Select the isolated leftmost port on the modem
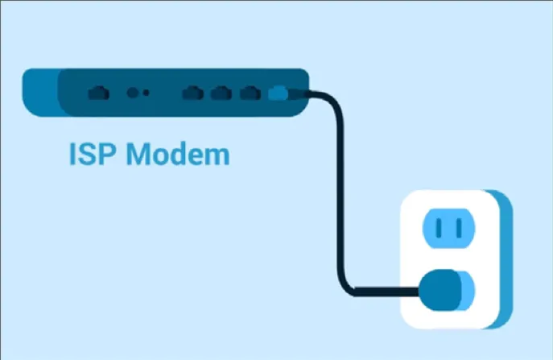98,93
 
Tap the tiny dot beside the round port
147,93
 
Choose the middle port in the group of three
220,93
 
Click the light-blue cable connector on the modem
277,93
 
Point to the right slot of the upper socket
460,230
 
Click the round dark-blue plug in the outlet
441,289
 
